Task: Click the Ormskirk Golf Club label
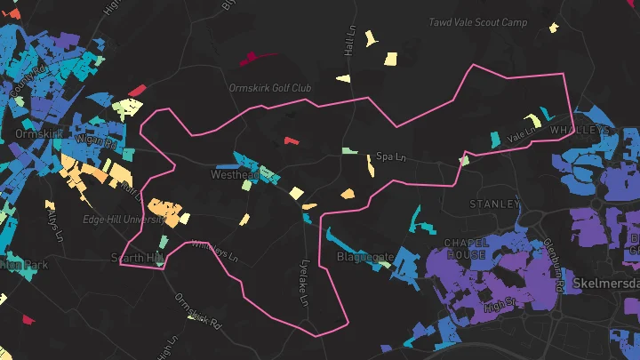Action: click(268, 89)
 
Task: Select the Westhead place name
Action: click(234, 175)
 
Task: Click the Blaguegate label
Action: click(365, 257)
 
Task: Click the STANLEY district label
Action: click(494, 204)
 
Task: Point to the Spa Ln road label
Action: click(390, 156)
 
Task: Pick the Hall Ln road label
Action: click(349, 40)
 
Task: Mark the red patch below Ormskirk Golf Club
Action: click(292, 140)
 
